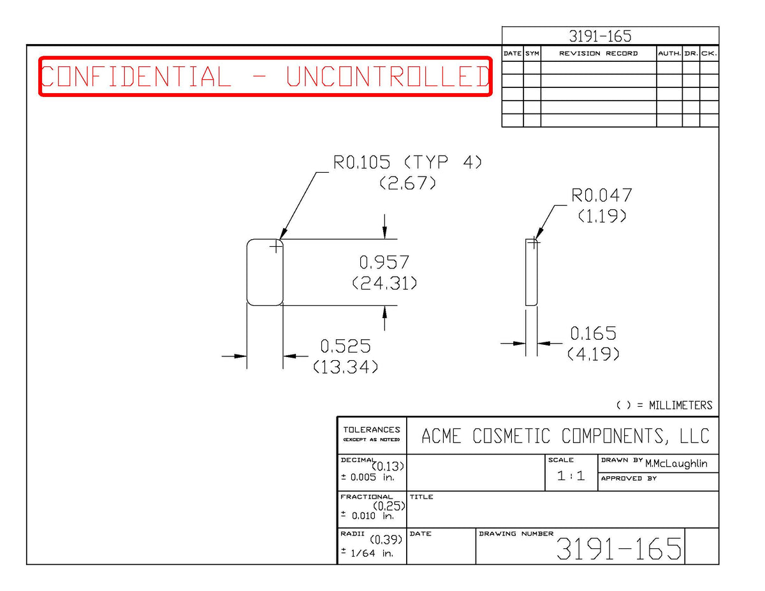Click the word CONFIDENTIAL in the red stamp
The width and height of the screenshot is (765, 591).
(x=136, y=77)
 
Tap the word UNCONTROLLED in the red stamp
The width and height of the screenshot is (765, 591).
(x=388, y=77)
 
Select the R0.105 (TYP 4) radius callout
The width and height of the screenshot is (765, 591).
(x=407, y=163)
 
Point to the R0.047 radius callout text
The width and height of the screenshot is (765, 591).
(x=601, y=195)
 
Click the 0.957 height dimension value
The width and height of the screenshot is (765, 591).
(x=384, y=262)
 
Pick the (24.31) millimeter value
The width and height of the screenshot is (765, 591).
(x=384, y=283)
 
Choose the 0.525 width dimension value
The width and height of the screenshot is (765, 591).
(x=346, y=346)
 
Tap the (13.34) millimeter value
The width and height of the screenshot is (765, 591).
(x=346, y=367)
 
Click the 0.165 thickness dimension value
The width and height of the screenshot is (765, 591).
(x=594, y=333)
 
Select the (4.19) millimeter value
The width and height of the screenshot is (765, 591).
(x=594, y=354)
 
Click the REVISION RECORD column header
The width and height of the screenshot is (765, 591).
(x=599, y=54)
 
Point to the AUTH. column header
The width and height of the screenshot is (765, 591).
(x=669, y=54)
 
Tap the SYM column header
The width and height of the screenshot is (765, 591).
(x=532, y=54)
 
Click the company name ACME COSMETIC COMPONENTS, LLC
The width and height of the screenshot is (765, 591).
(x=565, y=436)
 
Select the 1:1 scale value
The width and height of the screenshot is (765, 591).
(x=571, y=476)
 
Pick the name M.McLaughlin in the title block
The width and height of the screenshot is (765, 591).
(x=676, y=463)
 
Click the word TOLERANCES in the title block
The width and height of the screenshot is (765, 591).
(x=372, y=430)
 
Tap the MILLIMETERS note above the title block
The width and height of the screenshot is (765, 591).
(x=680, y=405)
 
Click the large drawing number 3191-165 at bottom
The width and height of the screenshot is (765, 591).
(x=619, y=548)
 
